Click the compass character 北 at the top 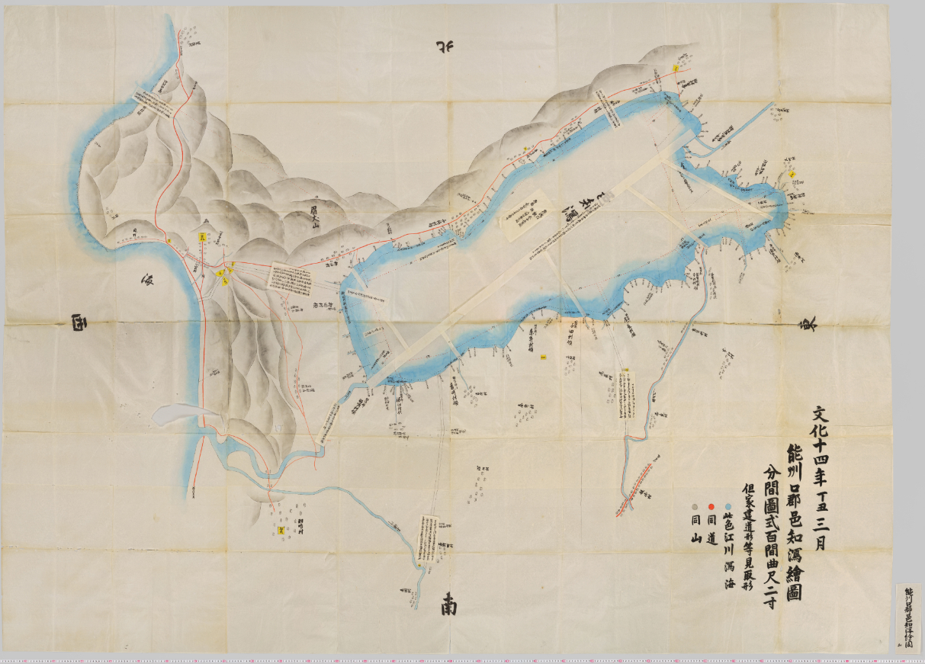[445, 47]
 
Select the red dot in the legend [711, 506]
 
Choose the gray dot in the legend [693, 506]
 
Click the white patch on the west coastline [177, 415]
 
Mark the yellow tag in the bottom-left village [281, 528]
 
